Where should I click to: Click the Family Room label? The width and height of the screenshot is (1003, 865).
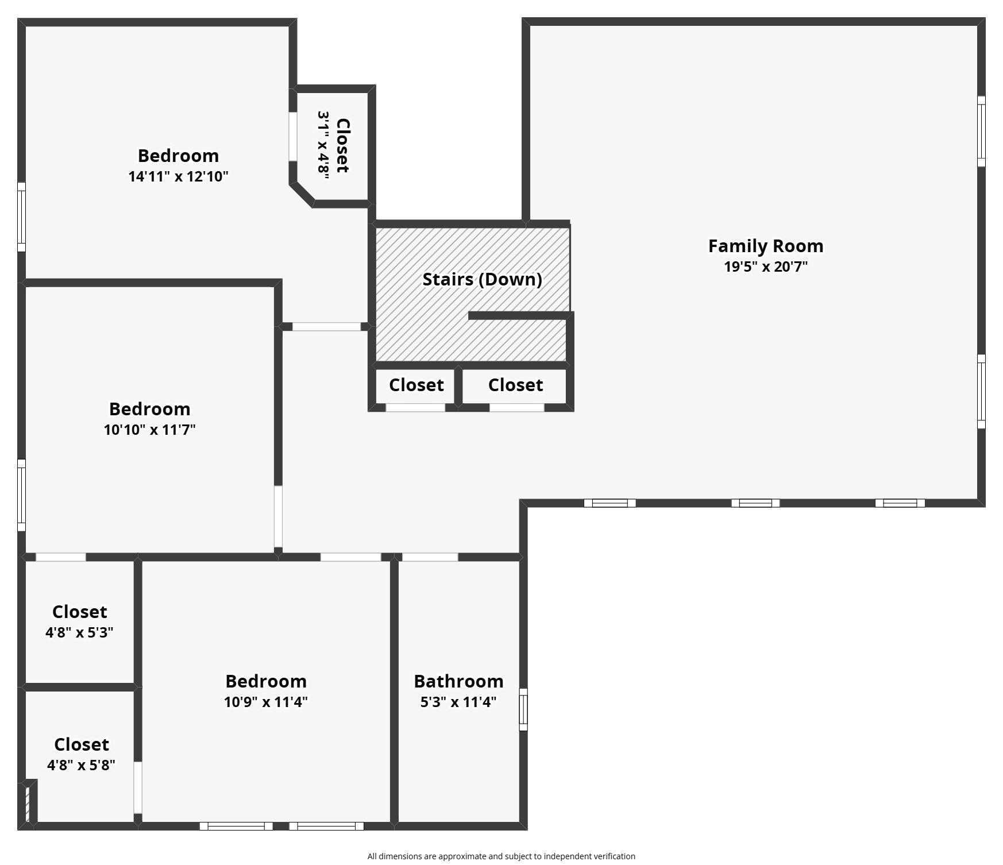tap(765, 246)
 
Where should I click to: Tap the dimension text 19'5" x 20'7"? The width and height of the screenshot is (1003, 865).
tap(765, 267)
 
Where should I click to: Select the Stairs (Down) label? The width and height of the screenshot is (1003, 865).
tap(482, 279)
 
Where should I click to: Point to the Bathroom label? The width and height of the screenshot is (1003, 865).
tap(458, 681)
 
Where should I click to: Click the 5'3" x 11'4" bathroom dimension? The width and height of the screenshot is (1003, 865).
tap(458, 702)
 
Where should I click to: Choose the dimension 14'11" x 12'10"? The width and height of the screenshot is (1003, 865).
tap(178, 176)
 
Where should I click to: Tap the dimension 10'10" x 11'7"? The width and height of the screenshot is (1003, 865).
tap(149, 430)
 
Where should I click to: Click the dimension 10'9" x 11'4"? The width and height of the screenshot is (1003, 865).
tap(265, 702)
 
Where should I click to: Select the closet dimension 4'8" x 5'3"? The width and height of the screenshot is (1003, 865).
tap(79, 632)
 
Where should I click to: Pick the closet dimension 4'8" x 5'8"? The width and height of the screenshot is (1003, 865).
tap(81, 765)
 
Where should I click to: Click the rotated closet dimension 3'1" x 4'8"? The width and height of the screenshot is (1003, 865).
tap(323, 145)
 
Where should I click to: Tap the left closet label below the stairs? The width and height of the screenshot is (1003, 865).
tap(416, 385)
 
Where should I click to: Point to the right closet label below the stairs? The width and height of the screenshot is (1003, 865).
tap(515, 385)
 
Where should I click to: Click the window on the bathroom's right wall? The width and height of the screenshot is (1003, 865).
tap(523, 709)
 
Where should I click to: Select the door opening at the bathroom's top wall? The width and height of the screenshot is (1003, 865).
tap(430, 557)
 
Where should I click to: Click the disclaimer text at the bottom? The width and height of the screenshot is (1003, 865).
tap(501, 856)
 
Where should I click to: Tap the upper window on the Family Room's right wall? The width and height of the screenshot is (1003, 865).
tap(981, 132)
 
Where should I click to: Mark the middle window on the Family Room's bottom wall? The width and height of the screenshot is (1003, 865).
tap(755, 503)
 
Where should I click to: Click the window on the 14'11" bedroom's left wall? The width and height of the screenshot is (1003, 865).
tap(21, 217)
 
